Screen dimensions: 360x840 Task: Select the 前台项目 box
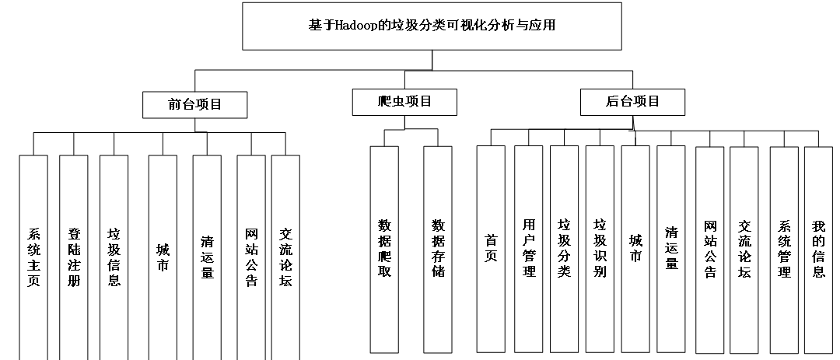point(194,104)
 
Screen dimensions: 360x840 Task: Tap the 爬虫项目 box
point(404,102)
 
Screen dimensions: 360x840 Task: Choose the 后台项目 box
point(632,102)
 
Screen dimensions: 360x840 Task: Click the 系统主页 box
point(33,257)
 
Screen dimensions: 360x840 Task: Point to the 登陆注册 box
point(74,257)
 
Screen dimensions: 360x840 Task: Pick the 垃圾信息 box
point(114,257)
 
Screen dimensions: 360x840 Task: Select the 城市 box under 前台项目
point(163,257)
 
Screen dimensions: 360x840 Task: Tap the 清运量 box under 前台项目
point(207,257)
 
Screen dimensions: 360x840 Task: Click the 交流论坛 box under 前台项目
point(285,257)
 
